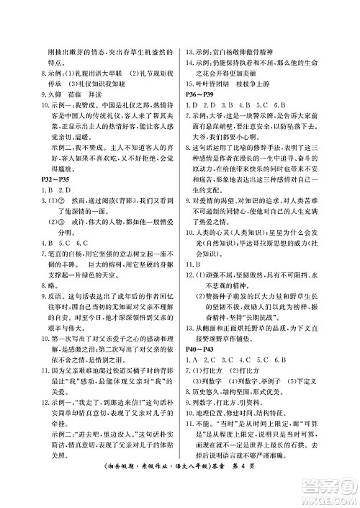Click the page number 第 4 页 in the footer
(285, 490)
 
